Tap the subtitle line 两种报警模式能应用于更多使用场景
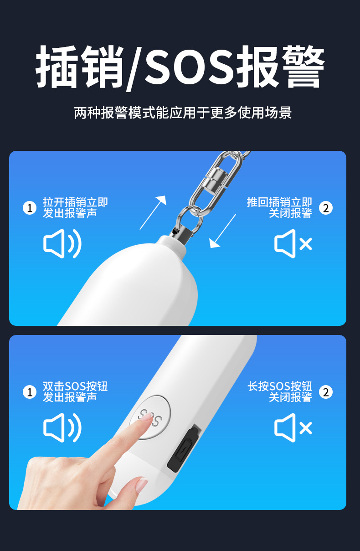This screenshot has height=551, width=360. click(183, 113)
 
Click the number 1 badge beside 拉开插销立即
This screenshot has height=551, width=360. click(30, 208)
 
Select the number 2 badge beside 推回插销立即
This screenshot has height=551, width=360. click(325, 208)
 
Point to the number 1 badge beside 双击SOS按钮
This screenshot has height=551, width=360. click(30, 392)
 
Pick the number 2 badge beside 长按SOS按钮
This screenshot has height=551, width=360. click(325, 392)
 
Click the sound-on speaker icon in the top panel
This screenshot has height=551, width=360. click(62, 244)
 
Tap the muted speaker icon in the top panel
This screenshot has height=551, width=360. click(293, 244)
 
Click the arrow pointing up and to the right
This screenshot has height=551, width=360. click(153, 212)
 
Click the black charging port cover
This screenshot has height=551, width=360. click(184, 449)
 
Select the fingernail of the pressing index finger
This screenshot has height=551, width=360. click(145, 417)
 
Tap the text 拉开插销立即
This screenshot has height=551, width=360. click(75, 202)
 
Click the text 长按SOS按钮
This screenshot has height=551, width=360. click(280, 386)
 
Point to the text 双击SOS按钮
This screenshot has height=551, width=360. click(75, 386)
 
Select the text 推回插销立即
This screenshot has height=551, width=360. click(279, 202)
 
